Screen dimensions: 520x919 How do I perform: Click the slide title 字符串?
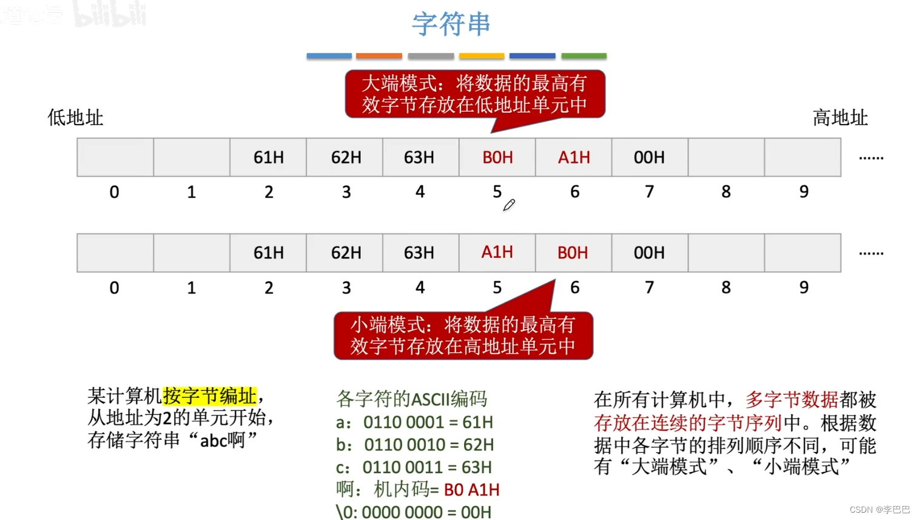pos(451,24)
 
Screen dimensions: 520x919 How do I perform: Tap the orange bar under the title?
pos(379,56)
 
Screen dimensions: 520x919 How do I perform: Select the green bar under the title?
pos(584,56)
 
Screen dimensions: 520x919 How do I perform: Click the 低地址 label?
pos(75,117)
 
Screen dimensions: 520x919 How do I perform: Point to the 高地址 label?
pos(840,117)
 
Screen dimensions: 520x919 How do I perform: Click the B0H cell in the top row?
pos(497,157)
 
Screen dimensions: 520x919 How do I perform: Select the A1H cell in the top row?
pos(574,157)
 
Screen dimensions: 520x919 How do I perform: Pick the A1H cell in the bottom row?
pos(497,252)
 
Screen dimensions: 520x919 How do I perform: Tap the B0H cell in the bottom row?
pos(573,253)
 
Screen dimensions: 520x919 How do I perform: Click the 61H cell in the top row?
pos(268,157)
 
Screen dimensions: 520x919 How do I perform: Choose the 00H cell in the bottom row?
pos(649,253)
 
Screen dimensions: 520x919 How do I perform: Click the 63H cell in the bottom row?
pos(419,253)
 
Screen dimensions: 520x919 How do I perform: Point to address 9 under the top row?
pos(804,192)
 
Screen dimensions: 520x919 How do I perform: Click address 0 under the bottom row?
pos(114,287)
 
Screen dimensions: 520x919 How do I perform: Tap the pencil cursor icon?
pos(509,205)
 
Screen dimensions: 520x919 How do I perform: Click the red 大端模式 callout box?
pos(474,94)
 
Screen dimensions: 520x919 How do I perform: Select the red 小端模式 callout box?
pos(463,335)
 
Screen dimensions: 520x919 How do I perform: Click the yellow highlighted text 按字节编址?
pos(210,396)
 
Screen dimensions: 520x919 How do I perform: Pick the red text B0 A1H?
pos(471,490)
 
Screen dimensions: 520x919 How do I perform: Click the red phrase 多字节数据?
pos(792,400)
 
